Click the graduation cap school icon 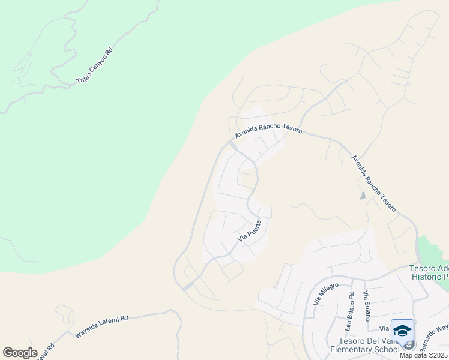(x=402, y=331)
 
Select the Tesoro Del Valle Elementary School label (x=365, y=345)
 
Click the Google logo (x=20, y=352)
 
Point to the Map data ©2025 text (x=423, y=355)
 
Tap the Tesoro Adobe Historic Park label (x=429, y=272)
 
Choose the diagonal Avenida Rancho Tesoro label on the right (x=373, y=184)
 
